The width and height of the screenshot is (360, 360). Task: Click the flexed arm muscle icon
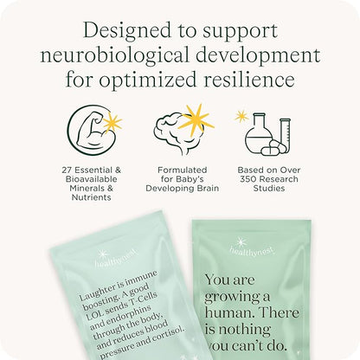click(x=86, y=127)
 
